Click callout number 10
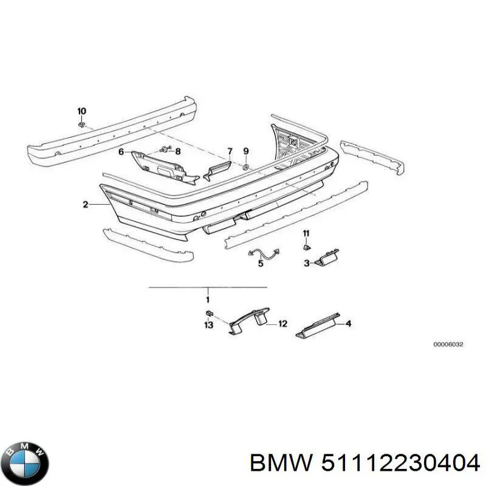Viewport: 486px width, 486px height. point(81,111)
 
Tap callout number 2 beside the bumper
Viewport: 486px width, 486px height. point(86,205)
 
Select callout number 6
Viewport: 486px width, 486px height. point(121,151)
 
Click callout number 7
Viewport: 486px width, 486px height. point(230,151)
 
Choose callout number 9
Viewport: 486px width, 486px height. point(246,151)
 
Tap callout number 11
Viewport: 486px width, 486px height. point(306,233)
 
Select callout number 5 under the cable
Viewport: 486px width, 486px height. point(260,264)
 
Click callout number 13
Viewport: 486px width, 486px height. point(208,326)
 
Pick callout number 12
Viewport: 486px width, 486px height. point(282,324)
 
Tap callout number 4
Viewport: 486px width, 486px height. point(348,324)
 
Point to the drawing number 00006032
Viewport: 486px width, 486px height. point(448,344)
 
